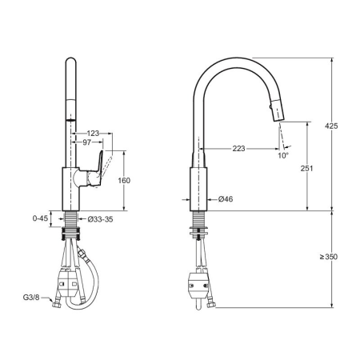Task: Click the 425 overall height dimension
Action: point(331,126)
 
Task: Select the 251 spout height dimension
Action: point(306,168)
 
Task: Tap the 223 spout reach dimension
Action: point(238,149)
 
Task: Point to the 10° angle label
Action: point(283,155)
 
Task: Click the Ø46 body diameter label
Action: point(226,199)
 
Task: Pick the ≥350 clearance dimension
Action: point(329,257)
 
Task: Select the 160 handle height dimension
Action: point(124,181)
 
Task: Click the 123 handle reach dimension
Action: point(93,133)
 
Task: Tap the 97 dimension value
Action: point(86,142)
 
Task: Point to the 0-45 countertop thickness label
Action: point(40,218)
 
